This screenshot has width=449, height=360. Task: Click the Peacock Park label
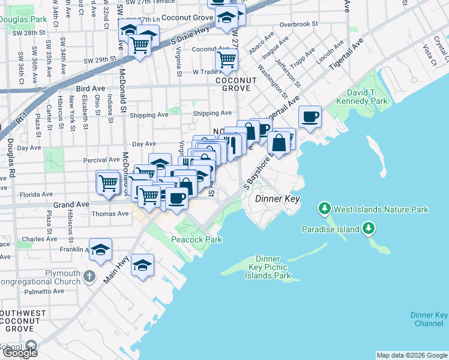pos(197,239)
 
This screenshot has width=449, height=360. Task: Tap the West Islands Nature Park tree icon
pos(325,209)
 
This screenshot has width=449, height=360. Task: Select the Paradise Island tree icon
pos(369,229)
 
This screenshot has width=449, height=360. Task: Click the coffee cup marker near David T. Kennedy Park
pos(310,117)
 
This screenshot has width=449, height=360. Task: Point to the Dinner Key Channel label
pos(429,319)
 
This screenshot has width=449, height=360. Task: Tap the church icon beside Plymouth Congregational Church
pos(89,277)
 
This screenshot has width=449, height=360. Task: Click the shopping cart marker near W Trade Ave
pos(227,59)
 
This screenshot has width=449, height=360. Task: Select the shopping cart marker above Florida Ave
pos(108,182)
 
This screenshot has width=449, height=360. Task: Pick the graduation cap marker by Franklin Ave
pos(101,250)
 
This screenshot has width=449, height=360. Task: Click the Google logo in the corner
pos(20,353)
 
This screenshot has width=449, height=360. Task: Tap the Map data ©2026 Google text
pos(412,355)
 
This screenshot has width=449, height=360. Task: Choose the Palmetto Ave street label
pos(43,292)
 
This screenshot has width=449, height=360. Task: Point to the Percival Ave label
pos(101,160)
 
